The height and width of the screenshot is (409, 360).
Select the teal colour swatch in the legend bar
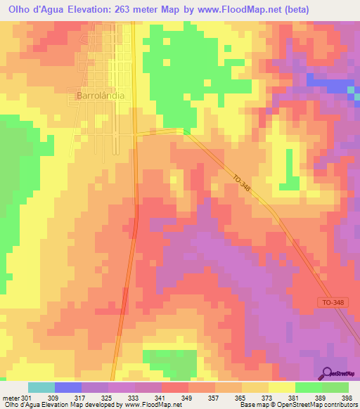pyautogui.click(x=41, y=387)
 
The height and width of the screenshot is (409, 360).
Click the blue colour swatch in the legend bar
pyautogui.click(x=68, y=387)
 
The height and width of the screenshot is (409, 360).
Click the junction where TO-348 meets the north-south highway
pyautogui.click(x=136, y=131)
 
